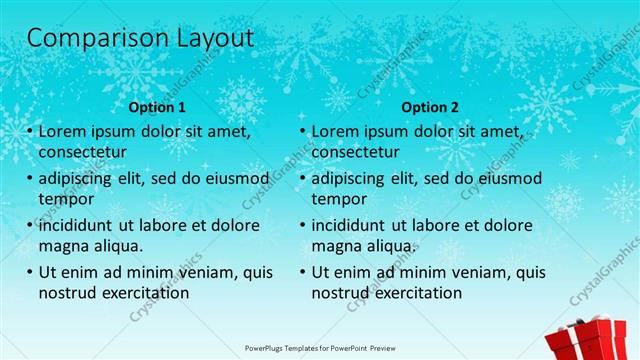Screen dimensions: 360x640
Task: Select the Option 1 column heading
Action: (x=158, y=107)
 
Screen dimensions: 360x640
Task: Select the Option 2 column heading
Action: (x=430, y=107)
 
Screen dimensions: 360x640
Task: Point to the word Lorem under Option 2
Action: (x=335, y=131)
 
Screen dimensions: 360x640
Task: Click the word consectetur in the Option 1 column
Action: (x=82, y=152)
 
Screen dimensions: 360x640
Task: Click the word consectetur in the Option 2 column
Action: (x=355, y=152)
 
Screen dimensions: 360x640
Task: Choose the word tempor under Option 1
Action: (x=65, y=199)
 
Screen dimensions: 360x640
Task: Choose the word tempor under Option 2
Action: (x=338, y=199)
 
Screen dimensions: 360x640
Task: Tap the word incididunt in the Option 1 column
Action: (x=78, y=225)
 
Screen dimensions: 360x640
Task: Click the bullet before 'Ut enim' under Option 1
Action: (x=30, y=272)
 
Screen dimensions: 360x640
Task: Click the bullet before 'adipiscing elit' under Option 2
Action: (x=303, y=178)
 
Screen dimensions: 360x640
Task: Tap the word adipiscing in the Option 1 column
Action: (x=78, y=178)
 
